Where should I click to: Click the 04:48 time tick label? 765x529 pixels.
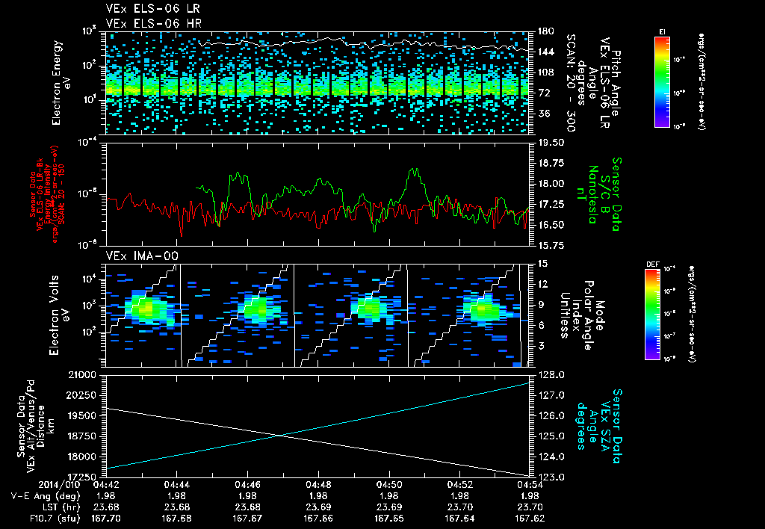[318, 486]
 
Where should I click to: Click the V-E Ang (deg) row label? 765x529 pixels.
[42, 496]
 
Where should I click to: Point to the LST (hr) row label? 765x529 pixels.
[62, 507]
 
